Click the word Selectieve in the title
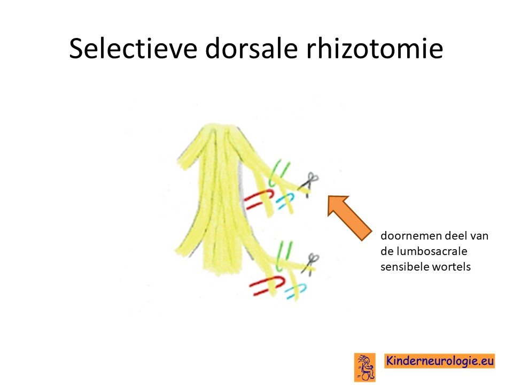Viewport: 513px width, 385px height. tap(133, 48)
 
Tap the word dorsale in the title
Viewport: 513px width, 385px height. tap(251, 48)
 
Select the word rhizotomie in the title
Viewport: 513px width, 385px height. tap(374, 48)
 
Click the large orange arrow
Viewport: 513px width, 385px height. tap(349, 218)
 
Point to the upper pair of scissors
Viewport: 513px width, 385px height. tap(308, 184)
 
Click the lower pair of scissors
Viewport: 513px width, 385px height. tap(310, 264)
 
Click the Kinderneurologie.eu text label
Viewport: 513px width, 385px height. tap(440, 361)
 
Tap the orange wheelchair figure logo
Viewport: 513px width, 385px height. tap(365, 367)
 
